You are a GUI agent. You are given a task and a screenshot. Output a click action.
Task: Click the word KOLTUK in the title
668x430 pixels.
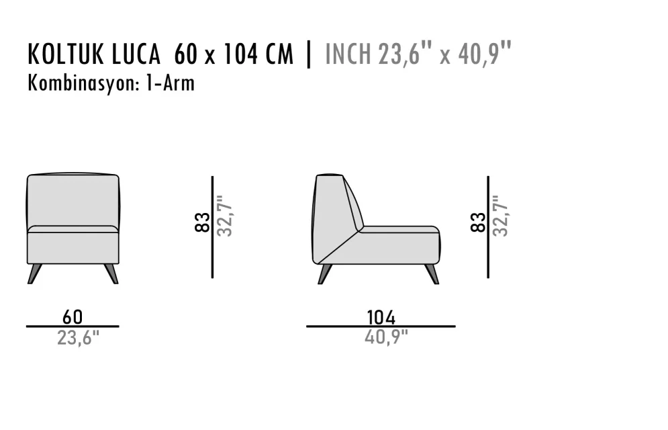(x=66, y=54)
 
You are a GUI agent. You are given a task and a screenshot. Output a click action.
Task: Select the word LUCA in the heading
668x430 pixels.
(x=136, y=54)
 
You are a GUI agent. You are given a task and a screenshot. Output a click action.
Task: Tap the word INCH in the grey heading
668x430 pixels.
(x=348, y=54)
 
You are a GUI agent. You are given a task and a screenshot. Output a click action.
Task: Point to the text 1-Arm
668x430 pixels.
(x=171, y=83)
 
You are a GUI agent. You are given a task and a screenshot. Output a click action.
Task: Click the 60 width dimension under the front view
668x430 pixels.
(x=73, y=317)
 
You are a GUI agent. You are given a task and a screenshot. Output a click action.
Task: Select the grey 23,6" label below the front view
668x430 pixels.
(x=78, y=338)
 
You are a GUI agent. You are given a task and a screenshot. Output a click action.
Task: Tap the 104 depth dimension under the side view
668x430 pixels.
(x=381, y=318)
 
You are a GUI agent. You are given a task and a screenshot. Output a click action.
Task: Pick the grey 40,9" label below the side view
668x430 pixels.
(x=386, y=337)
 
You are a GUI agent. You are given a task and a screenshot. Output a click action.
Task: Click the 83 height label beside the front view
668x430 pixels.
(x=202, y=222)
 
